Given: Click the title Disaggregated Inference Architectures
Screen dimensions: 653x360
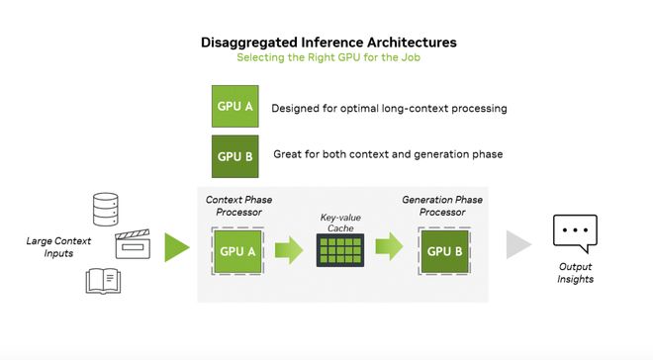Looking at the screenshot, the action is point(328,43).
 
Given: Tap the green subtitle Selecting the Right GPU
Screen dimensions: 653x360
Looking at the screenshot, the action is point(328,57).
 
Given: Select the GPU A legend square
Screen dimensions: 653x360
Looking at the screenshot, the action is point(234,106).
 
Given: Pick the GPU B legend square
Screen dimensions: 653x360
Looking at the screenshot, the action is point(234,156).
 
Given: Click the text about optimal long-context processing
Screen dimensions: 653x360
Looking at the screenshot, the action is point(389,109).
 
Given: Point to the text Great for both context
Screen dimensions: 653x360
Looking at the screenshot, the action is point(388,154).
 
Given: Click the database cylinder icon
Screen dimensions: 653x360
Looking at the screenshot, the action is point(105,210).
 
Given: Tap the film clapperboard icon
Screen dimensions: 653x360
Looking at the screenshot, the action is point(133,244).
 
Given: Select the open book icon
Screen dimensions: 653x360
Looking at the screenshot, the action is point(103,281).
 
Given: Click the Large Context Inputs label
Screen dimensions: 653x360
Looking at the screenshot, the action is point(58,247).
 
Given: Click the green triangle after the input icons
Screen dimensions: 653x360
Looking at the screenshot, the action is point(177,247).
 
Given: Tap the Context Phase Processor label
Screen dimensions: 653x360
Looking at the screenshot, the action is point(238,206).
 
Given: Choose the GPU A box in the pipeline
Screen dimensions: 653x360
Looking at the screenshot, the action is point(237,251).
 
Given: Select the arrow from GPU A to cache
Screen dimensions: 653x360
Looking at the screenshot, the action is point(289,250).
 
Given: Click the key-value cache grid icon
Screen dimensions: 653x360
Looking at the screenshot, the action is point(340,250).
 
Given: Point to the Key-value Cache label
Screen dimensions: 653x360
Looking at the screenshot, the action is point(340,224).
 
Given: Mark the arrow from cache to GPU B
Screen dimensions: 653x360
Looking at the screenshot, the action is point(390,247).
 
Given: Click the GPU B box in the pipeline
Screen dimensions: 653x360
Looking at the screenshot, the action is point(444,251).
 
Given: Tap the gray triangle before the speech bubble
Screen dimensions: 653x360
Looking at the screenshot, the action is point(518,245).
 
